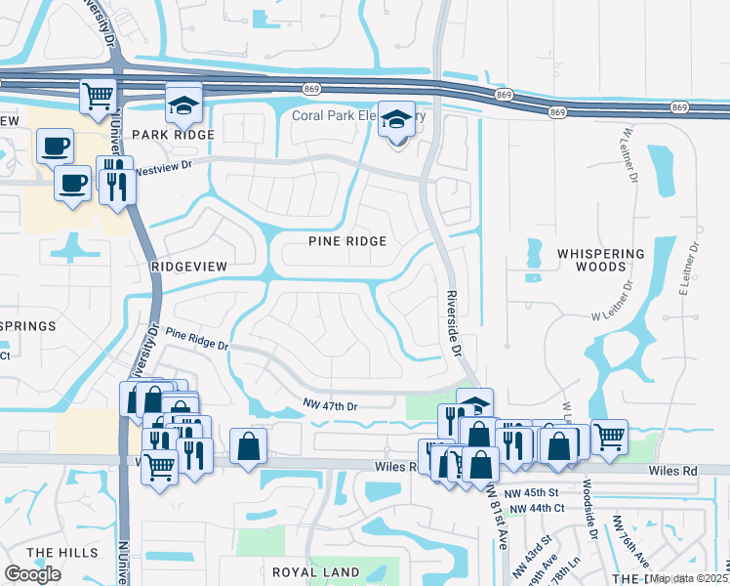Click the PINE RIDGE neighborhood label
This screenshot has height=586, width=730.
coord(347,241)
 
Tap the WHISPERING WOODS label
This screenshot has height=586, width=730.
coord(601,260)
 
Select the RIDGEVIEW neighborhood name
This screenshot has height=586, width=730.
coord(189,266)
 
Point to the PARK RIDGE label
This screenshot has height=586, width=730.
coord(173,135)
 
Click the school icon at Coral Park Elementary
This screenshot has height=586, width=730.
coord(396,120)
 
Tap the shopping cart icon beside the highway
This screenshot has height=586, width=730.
coord(99,97)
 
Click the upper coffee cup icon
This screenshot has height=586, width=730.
coord(55,146)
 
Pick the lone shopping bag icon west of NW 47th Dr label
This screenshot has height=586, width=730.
coord(249,447)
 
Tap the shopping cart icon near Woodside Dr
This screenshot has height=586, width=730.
coord(609,437)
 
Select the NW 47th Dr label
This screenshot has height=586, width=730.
coord(331,406)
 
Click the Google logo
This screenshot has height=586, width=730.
coord(32,574)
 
